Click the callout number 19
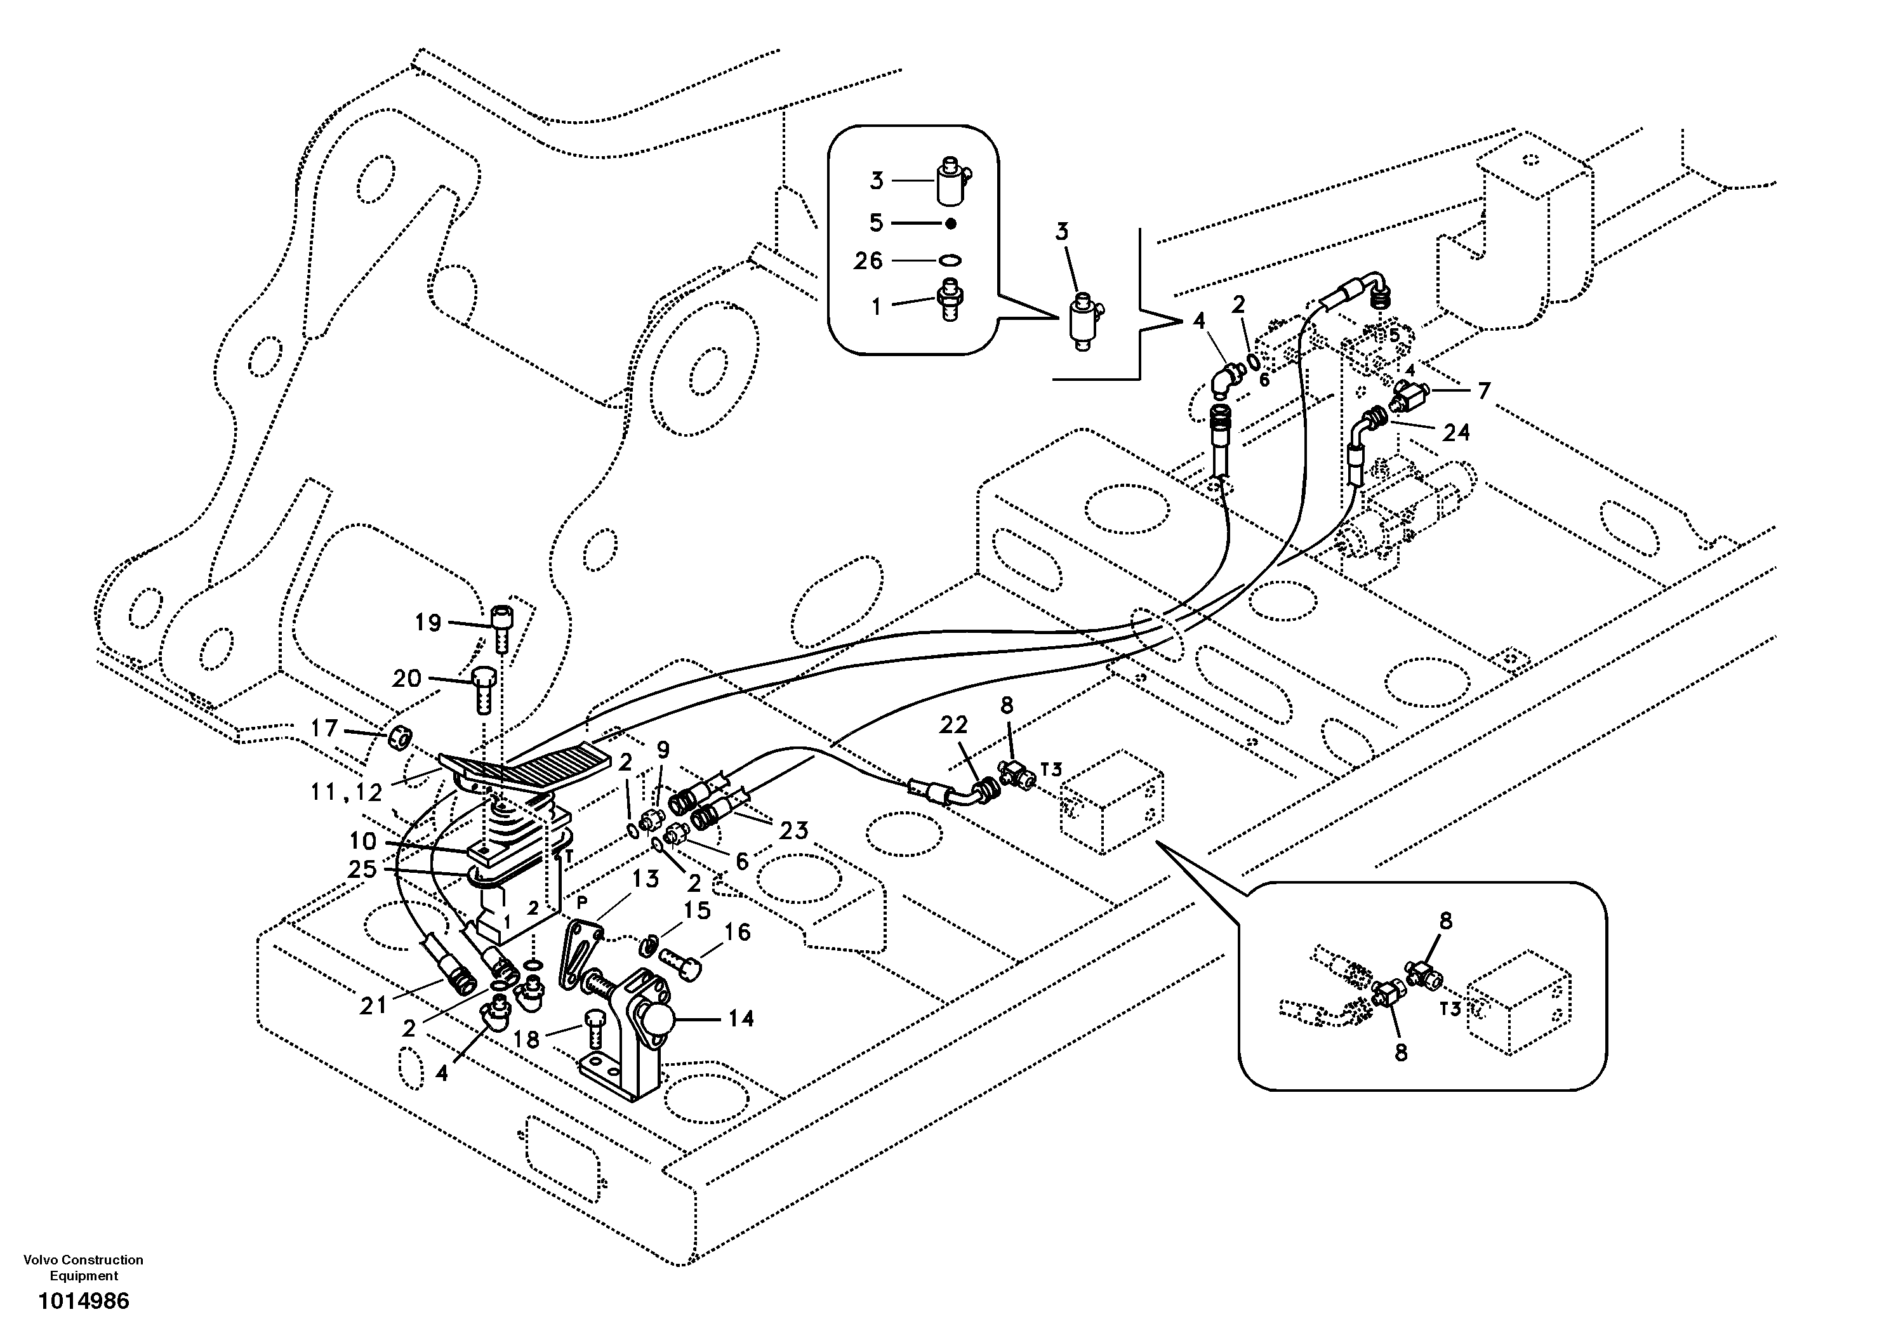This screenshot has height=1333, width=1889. click(x=428, y=623)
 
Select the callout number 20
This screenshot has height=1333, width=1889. click(x=406, y=679)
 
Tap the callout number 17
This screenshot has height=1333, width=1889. click(x=324, y=728)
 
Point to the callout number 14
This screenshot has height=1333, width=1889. click(x=741, y=1019)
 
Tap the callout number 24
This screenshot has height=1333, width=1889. click(x=1455, y=433)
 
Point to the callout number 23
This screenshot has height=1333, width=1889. click(x=794, y=831)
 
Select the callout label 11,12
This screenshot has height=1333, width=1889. click(x=347, y=792)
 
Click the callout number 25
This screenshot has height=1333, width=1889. click(x=362, y=869)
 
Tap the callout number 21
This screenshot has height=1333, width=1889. click(x=373, y=1005)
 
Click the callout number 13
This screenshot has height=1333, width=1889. click(x=645, y=879)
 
